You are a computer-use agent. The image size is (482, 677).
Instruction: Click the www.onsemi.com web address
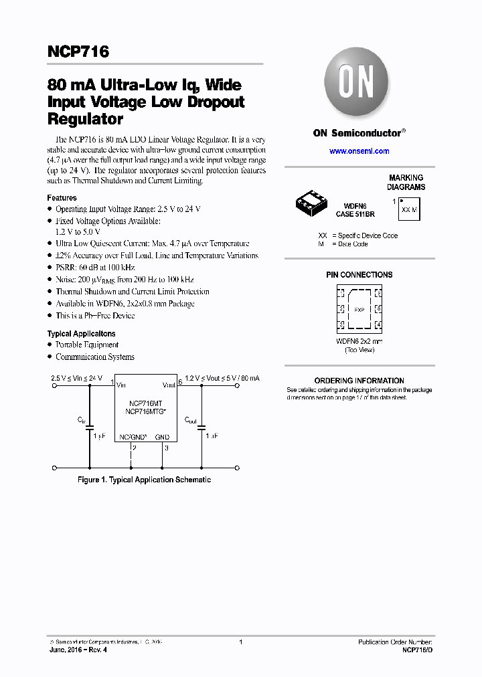coord(359,151)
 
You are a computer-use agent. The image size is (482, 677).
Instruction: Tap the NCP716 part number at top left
coord(78,52)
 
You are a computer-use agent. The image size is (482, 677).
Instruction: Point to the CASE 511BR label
coord(355,214)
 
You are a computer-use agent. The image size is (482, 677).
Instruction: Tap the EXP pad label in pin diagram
coord(359,310)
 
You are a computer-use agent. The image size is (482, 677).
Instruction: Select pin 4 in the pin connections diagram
coord(378,325)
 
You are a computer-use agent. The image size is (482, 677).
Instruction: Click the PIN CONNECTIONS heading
coord(359,275)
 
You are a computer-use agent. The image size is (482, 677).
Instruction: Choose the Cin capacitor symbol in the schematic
coord(90,425)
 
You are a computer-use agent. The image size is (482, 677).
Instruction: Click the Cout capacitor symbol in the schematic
coord(202,425)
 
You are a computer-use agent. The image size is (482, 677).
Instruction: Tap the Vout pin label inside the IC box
coord(168,385)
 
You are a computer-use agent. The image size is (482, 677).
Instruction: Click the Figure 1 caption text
coord(144,480)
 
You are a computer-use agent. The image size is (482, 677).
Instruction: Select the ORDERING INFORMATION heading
coord(359,381)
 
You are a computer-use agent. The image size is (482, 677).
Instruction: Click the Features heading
coord(62,198)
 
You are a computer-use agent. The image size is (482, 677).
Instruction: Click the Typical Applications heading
coord(81,333)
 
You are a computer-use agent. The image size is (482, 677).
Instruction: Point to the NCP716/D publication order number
coord(417,650)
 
